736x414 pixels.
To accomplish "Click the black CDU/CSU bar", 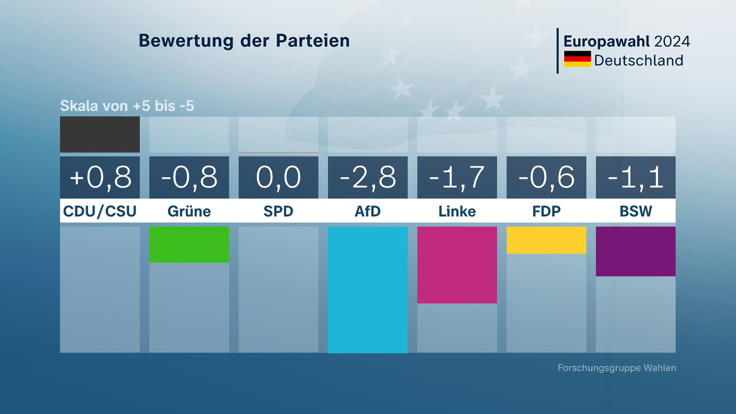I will click(100, 135).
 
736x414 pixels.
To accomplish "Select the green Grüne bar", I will click(189, 245).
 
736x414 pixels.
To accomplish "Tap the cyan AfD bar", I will click(368, 289).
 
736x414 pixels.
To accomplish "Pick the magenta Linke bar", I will click(457, 265).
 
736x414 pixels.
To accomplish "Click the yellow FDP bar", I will click(546, 240).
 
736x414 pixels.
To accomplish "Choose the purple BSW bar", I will click(636, 251).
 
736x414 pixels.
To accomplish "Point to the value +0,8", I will click(100, 177).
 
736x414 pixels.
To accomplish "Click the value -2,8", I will click(368, 177).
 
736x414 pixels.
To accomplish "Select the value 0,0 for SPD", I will click(278, 177).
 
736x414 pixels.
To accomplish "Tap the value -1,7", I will click(457, 177).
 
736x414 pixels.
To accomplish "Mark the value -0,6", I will click(546, 177).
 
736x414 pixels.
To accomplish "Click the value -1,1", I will click(636, 177).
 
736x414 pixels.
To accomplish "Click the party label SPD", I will click(278, 211).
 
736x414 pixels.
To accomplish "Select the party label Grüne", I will click(189, 211).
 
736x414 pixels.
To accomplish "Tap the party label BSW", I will click(636, 211).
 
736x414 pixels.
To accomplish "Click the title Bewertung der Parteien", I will click(244, 41).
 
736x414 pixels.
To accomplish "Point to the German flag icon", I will click(577, 59).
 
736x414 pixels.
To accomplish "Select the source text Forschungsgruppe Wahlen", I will click(616, 368).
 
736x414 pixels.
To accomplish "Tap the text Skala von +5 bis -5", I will click(127, 106).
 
